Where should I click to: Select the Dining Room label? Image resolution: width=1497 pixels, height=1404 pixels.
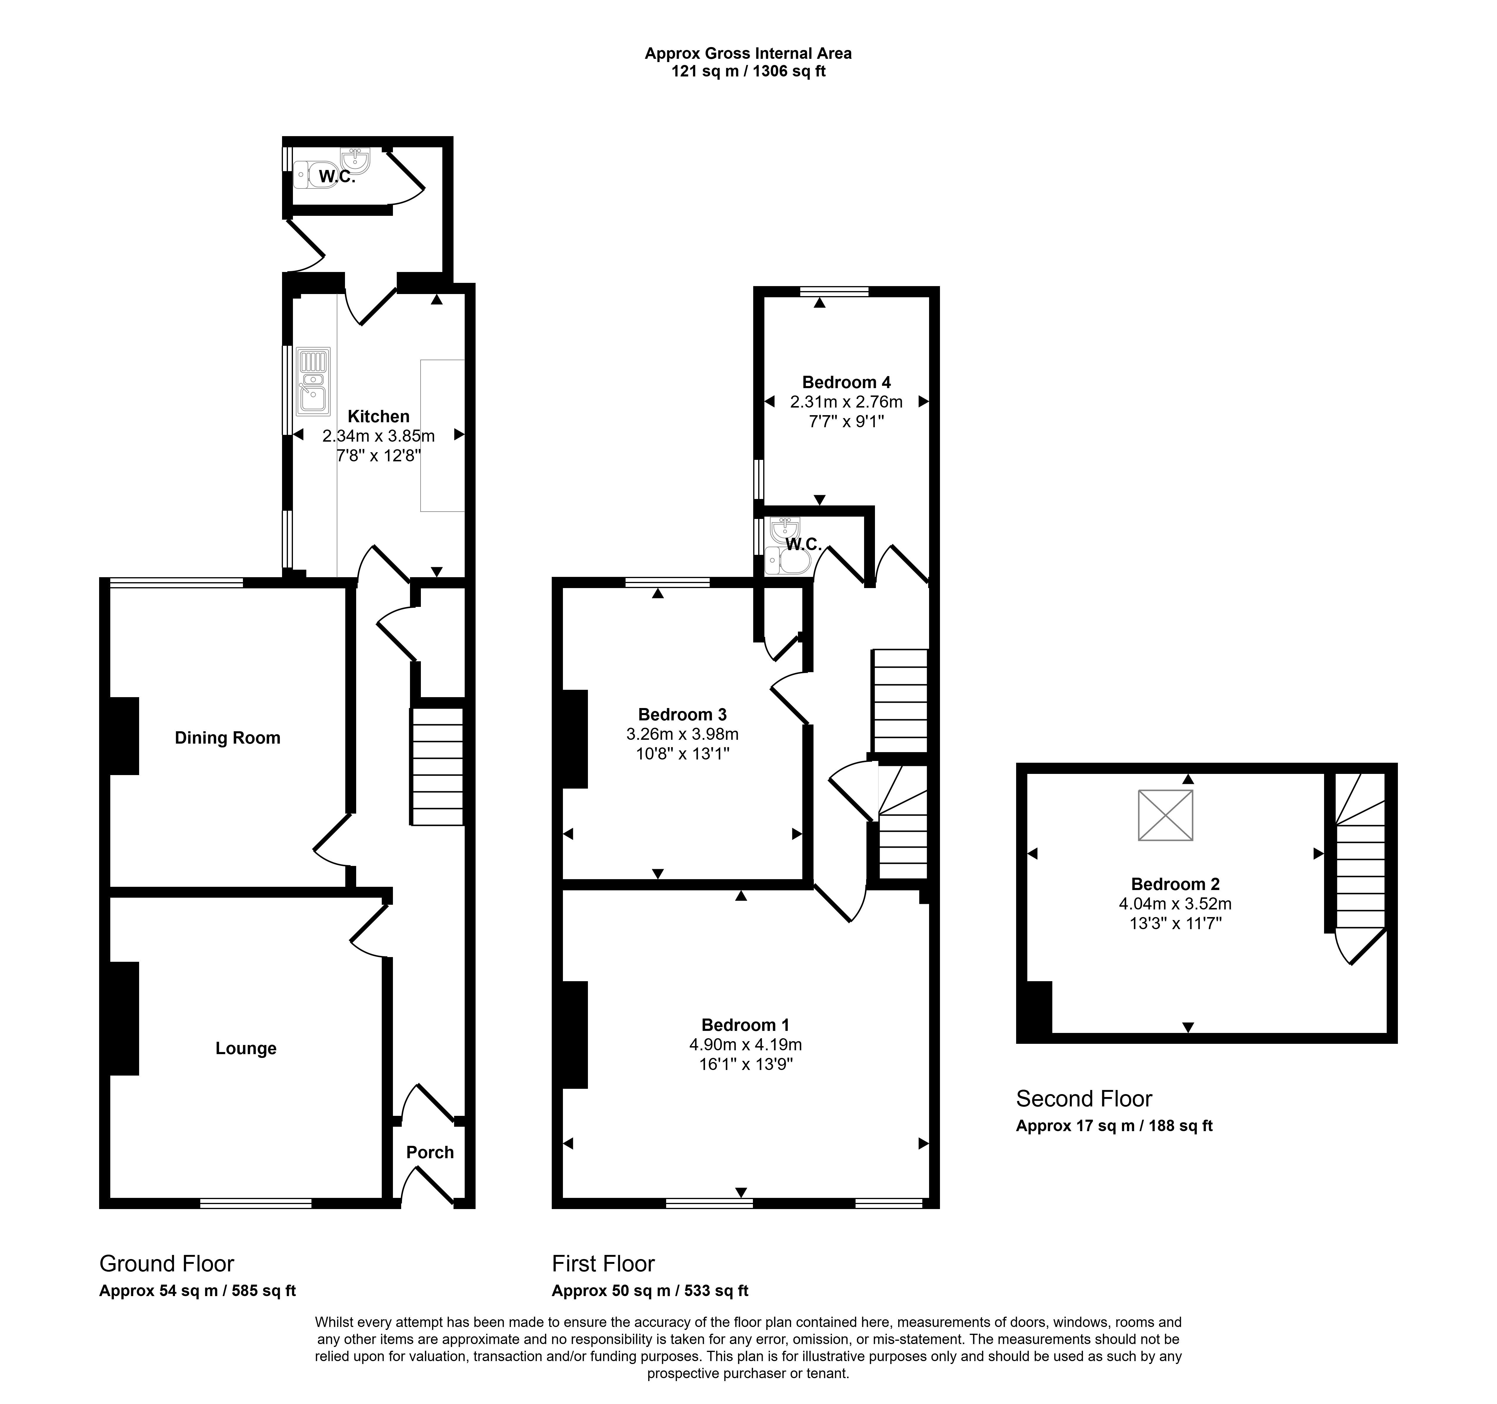(x=227, y=738)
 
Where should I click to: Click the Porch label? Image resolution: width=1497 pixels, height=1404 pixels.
(x=430, y=1152)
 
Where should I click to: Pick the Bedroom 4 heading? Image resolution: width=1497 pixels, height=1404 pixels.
(x=846, y=383)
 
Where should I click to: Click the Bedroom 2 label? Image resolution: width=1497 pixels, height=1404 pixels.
(x=1176, y=884)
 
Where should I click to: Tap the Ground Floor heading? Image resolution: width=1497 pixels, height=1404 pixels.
(x=167, y=1263)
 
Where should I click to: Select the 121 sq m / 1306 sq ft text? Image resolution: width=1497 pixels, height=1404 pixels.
(x=748, y=72)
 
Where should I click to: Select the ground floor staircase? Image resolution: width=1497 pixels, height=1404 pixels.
(x=437, y=766)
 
